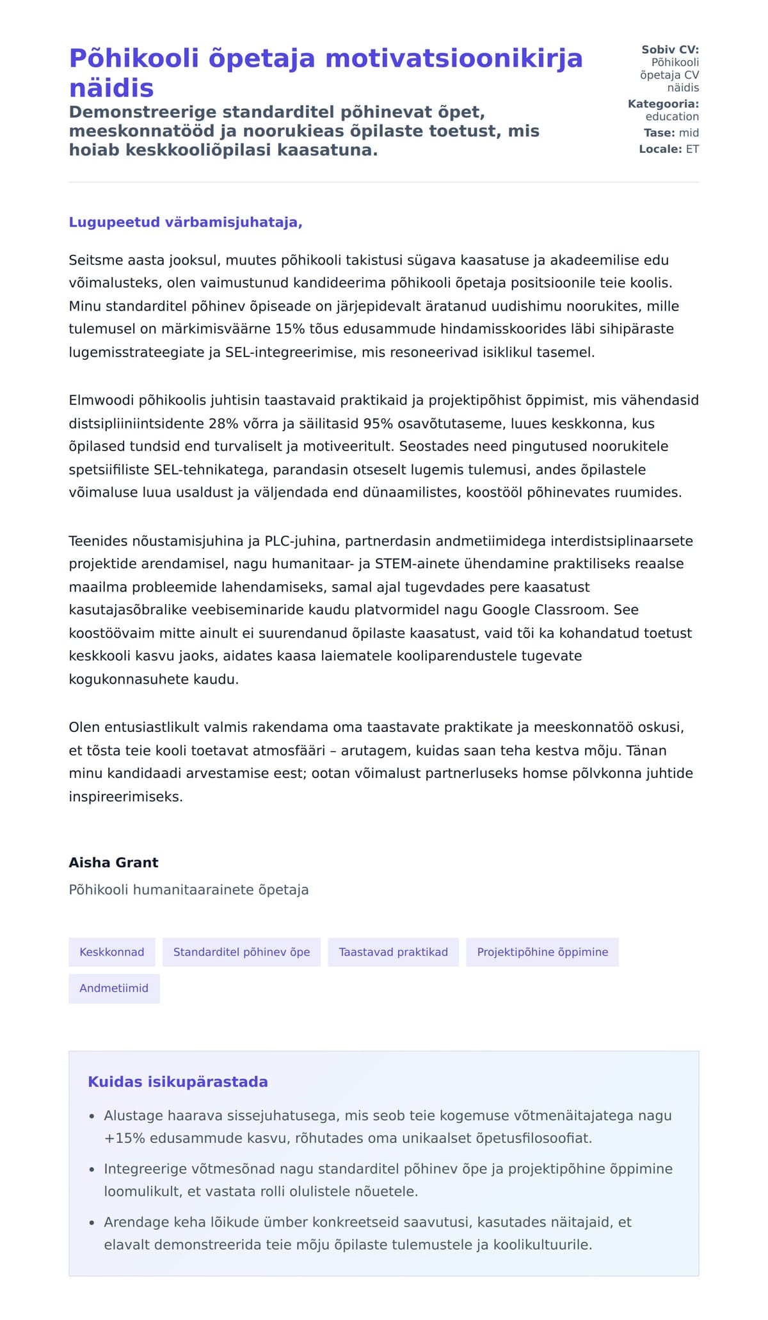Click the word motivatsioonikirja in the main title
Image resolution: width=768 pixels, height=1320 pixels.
click(454, 59)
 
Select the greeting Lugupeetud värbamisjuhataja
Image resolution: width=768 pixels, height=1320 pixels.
click(185, 223)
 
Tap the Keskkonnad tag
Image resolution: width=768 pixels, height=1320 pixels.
click(112, 952)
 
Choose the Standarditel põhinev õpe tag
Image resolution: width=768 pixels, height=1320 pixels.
click(241, 952)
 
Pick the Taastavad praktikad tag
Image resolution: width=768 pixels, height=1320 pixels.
click(393, 952)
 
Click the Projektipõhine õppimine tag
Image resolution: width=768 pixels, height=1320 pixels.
click(542, 952)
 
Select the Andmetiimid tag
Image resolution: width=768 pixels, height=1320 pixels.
click(114, 989)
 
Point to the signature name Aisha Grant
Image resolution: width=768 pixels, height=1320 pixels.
click(113, 863)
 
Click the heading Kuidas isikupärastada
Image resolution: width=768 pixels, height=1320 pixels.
click(178, 1082)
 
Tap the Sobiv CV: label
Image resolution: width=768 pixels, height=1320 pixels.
click(670, 50)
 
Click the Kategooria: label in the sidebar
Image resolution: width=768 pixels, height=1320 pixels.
click(663, 104)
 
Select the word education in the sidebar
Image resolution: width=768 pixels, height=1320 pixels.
click(672, 116)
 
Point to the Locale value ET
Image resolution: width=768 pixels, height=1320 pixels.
click(692, 149)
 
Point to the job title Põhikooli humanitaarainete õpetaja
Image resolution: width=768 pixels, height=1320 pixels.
click(189, 890)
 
